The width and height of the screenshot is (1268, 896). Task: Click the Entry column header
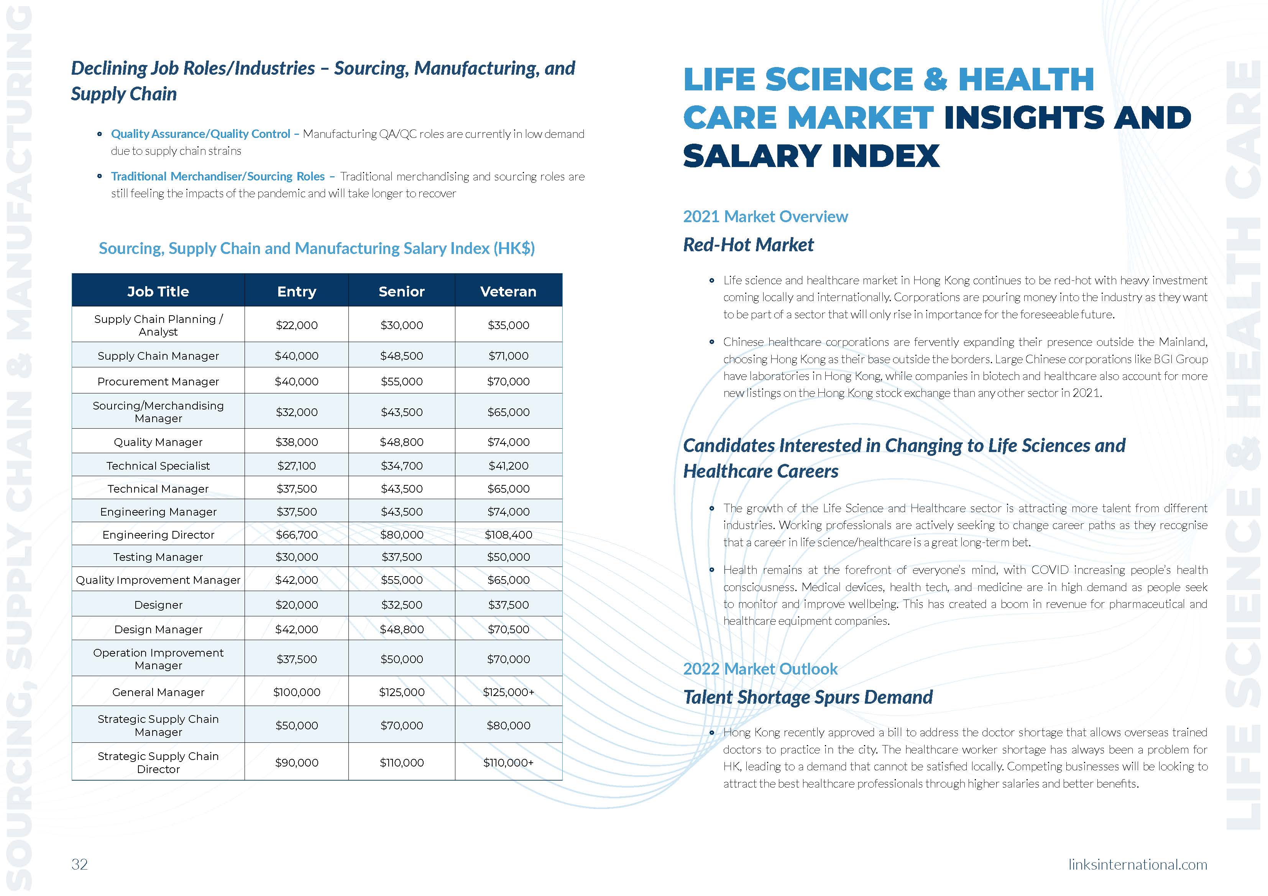tap(297, 292)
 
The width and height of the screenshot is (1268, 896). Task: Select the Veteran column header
tap(508, 292)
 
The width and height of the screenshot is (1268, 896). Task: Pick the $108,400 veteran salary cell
tap(508, 534)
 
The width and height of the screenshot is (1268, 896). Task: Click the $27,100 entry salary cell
tap(297, 465)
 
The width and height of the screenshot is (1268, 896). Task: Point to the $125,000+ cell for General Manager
tap(508, 692)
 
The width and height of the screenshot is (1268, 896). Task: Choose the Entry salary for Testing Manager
tap(297, 557)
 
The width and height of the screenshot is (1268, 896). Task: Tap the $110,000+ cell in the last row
tap(508, 762)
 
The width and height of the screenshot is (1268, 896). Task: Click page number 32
tap(79, 864)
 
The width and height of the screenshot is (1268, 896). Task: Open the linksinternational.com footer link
tap(1138, 864)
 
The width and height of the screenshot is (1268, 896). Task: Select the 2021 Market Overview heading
tap(765, 216)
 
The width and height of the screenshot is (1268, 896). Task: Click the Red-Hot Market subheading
tap(748, 244)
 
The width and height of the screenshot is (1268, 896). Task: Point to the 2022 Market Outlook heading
tap(760, 668)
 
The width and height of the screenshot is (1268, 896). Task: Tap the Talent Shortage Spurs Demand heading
tap(807, 697)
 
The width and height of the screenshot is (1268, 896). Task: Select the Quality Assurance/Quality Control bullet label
tap(200, 134)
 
